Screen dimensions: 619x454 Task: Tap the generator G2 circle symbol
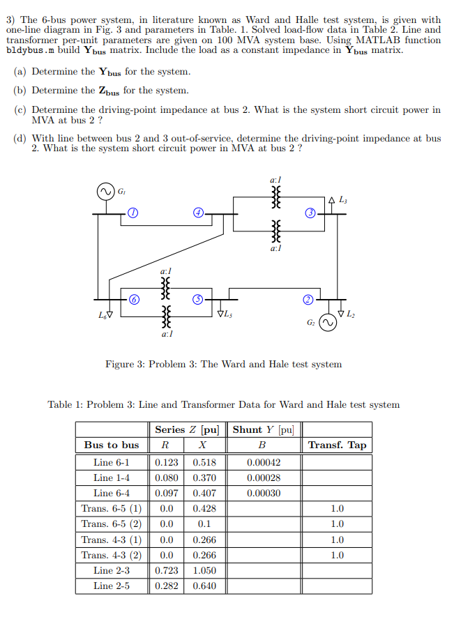[x=325, y=325]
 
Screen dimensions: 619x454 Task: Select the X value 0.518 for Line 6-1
[x=204, y=461]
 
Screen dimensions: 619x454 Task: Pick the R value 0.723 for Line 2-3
[x=166, y=570]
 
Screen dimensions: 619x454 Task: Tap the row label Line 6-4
[x=112, y=493]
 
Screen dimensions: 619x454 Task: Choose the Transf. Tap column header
[x=337, y=445]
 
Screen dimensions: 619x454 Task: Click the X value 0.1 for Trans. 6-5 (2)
[x=204, y=524]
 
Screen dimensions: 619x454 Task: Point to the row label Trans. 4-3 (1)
[x=112, y=539]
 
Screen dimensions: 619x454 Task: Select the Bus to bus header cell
[x=112, y=445]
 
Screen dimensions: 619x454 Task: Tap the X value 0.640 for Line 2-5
[x=204, y=586]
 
